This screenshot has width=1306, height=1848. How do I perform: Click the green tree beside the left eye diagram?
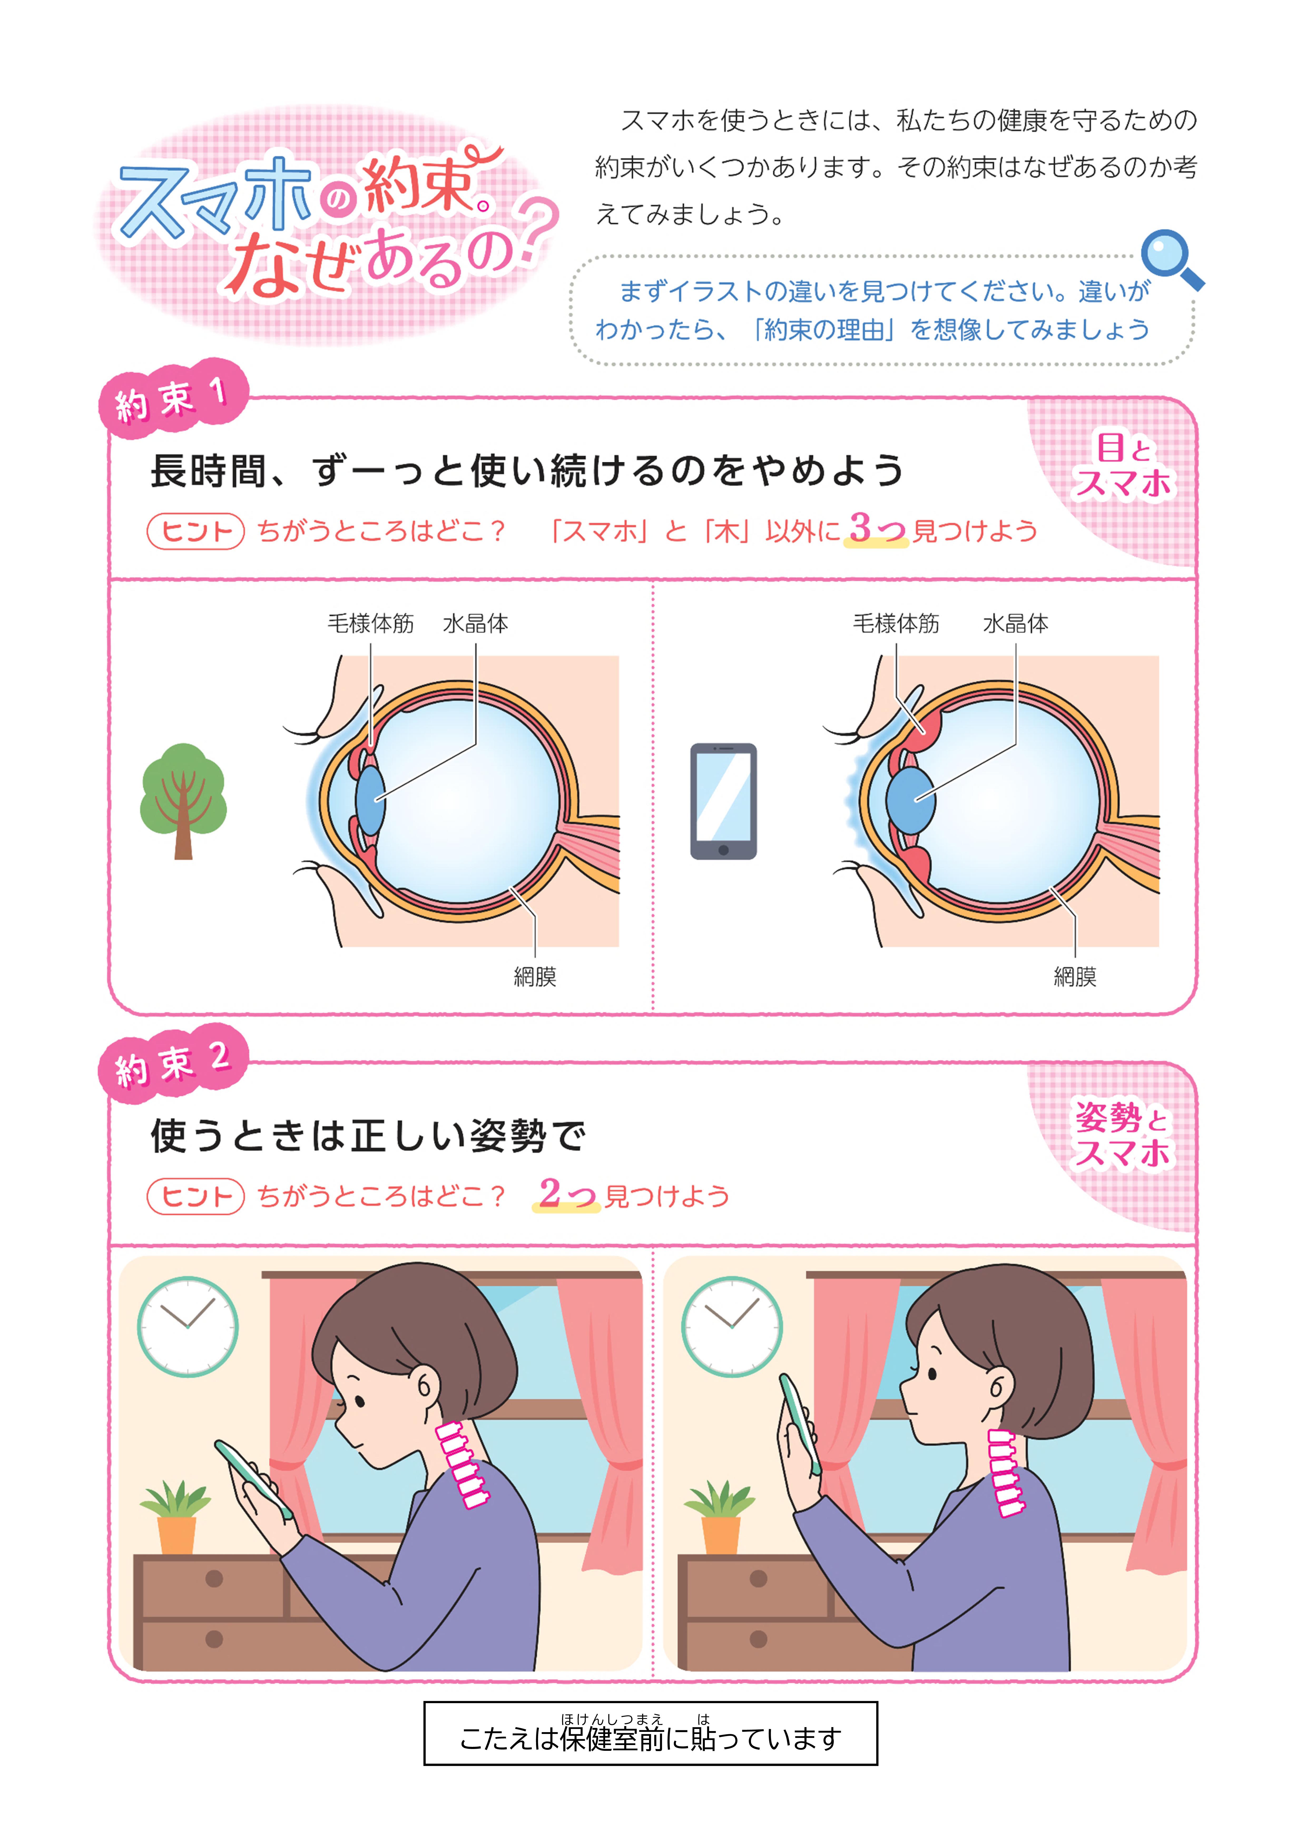click(x=184, y=801)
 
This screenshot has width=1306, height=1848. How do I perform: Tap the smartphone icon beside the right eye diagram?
click(x=723, y=801)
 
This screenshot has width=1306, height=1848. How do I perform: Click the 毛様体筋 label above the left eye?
click(x=370, y=623)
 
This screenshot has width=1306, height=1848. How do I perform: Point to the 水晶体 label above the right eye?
click(x=1015, y=623)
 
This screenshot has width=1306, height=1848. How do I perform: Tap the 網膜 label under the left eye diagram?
click(x=535, y=976)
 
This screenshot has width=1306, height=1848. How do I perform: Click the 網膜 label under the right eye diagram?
click(x=1075, y=976)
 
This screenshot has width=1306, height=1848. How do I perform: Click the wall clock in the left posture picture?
click(x=188, y=1326)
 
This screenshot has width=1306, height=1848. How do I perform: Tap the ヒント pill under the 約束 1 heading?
click(x=196, y=531)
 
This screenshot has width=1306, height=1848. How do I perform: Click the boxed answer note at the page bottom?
click(x=651, y=1733)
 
